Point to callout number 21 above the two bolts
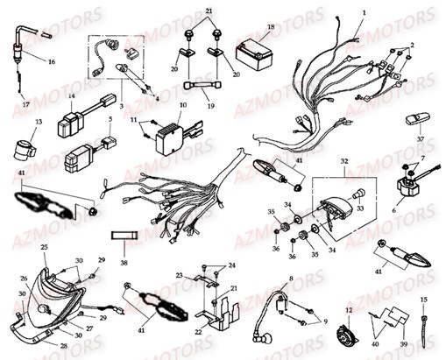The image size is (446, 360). tap(209, 11)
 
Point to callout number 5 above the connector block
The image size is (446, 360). tap(109, 118)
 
